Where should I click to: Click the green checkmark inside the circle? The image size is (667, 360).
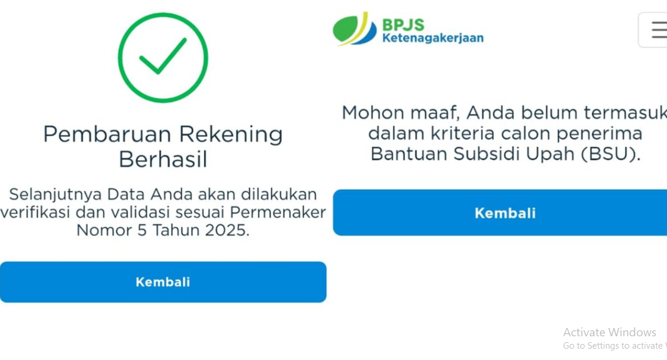coord(163,57)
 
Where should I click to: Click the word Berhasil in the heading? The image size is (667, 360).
coord(163,160)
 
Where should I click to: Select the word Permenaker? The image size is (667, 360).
coord(278,212)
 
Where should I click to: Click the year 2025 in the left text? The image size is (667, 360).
coord(227,230)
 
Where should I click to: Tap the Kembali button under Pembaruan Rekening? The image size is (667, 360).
coord(163,282)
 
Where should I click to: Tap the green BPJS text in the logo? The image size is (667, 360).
coord(403,24)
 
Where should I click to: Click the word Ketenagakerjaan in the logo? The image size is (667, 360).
coord(433,39)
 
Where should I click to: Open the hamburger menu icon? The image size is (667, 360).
coord(658,30)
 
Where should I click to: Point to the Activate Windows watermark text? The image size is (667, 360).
coord(609,332)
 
